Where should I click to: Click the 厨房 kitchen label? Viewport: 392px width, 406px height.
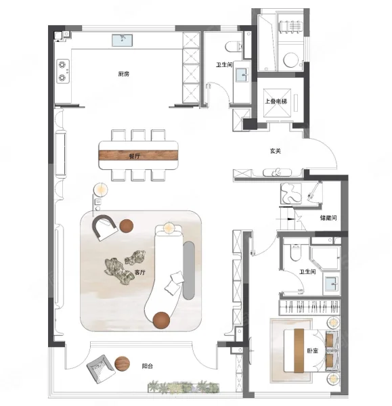(x=124, y=74)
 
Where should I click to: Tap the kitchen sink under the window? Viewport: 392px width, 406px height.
(x=123, y=41)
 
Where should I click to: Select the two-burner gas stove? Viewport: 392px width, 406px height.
(x=63, y=71)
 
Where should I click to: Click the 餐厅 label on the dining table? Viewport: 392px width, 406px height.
(x=135, y=156)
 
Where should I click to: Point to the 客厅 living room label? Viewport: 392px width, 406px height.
(x=140, y=272)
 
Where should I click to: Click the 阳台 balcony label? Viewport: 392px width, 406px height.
(x=147, y=366)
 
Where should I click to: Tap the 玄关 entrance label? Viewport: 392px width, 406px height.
(x=275, y=151)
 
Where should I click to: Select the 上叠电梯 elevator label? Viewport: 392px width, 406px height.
(x=276, y=101)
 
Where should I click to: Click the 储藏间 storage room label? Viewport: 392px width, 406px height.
(x=328, y=218)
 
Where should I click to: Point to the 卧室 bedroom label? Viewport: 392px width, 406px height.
(x=313, y=351)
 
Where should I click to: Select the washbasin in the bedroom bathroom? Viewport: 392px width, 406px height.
(x=332, y=284)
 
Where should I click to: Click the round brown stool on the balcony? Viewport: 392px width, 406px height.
(x=123, y=363)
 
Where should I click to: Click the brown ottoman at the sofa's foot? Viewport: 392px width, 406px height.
(x=161, y=320)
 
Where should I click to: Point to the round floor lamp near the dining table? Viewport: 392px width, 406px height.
(x=100, y=189)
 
